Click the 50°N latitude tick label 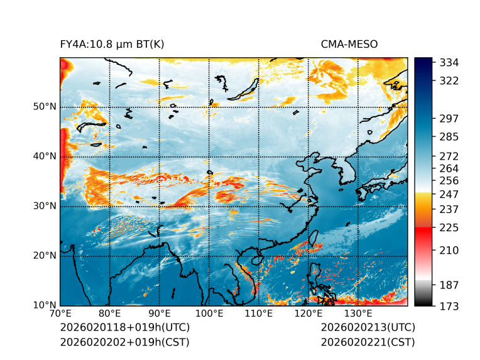pyautogui.click(x=44, y=107)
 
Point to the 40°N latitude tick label pyautogui.click(x=44, y=156)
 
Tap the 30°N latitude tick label pyautogui.click(x=44, y=206)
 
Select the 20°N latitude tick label pyautogui.click(x=44, y=256)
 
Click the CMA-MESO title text pyautogui.click(x=349, y=44)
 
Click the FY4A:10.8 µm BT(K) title pyautogui.click(x=112, y=44)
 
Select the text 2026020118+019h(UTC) pyautogui.click(x=124, y=328)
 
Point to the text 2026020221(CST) pyautogui.click(x=368, y=342)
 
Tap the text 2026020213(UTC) pyautogui.click(x=368, y=328)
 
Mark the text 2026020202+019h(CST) pyautogui.click(x=124, y=342)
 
